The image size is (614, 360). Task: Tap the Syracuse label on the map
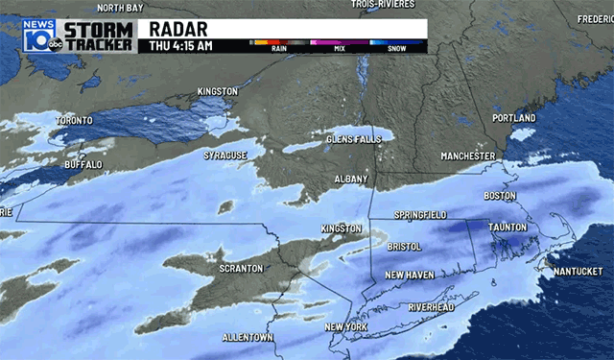[x=225, y=155]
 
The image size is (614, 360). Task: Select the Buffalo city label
[x=82, y=165]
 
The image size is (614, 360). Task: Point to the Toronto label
[x=74, y=120]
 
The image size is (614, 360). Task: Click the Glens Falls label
[x=353, y=139]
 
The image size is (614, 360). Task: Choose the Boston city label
[x=500, y=196]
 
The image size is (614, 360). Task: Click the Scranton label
[x=241, y=268]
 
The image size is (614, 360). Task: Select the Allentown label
[x=248, y=338]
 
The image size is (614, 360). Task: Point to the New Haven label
[x=411, y=275]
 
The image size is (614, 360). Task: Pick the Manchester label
[x=467, y=156]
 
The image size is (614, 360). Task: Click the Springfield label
[x=422, y=215]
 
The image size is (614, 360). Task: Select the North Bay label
[x=120, y=8]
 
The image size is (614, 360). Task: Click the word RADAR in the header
[x=178, y=27]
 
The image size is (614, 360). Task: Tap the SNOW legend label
[x=396, y=52]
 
